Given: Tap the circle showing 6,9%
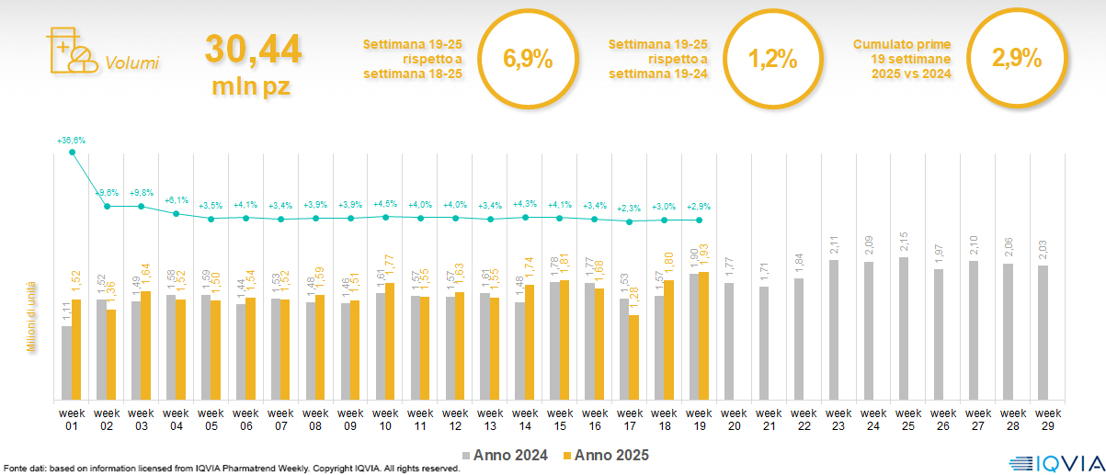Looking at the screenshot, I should pos(528,61).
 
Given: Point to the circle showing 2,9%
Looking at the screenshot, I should pos(1016,60).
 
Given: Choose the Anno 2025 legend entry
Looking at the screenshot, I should pos(606,455).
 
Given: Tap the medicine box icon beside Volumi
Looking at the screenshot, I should pos(70,51).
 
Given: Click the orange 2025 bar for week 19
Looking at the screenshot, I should pos(704,335).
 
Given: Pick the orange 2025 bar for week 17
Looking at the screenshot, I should pos(634,357).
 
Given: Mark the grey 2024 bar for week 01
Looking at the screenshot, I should pos(66,363).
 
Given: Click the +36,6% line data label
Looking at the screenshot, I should pos(71,141).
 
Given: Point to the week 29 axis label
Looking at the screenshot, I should pos(1043,419).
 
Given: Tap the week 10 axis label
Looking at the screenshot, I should pos(385,419).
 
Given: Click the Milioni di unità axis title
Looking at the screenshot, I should pos(30,317).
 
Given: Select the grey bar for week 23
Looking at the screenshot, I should pos(834,330).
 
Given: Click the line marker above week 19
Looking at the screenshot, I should pos(700,221).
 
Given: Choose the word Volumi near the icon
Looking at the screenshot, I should pos(132,63).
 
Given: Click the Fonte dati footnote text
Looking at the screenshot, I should pos(231,469).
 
